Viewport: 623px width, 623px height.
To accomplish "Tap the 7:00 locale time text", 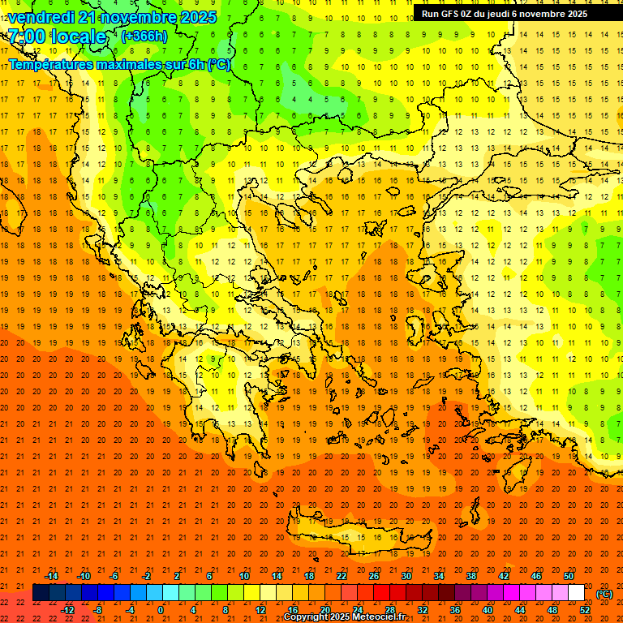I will click(57, 37).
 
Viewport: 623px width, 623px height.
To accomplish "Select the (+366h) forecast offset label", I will click(144, 36).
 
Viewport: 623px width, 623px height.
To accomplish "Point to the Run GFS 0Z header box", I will click(505, 14).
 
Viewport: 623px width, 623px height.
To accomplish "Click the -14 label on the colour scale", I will click(51, 576).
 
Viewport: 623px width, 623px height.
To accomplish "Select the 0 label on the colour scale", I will click(161, 610).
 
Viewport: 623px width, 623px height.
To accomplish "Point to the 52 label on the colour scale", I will click(585, 610).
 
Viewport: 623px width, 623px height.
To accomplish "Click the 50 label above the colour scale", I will click(569, 576).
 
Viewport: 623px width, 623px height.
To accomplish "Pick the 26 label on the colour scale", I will click(374, 576).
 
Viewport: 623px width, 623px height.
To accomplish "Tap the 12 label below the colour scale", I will click(260, 610).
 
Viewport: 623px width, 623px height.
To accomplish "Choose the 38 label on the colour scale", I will click(471, 576).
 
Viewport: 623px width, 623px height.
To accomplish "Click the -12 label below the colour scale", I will click(68, 610).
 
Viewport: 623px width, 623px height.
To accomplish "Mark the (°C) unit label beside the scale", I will click(604, 594).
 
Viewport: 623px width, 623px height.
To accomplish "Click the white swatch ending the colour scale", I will click(577, 593).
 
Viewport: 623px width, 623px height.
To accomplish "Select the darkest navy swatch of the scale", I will click(41, 593).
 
